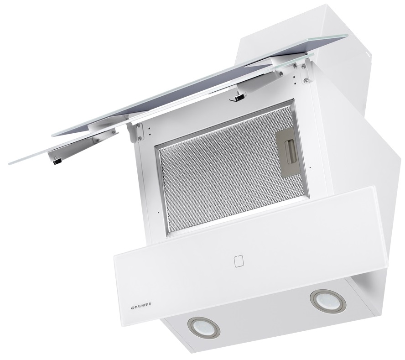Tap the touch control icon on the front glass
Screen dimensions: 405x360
[x=239, y=261]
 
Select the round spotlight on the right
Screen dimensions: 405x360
[x=328, y=301]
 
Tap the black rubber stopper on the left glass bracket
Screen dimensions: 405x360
[x=57, y=162]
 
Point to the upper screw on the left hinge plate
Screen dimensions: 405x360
[x=138, y=127]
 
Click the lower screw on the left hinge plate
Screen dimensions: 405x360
[x=140, y=138]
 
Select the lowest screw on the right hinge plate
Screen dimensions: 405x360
[x=306, y=81]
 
